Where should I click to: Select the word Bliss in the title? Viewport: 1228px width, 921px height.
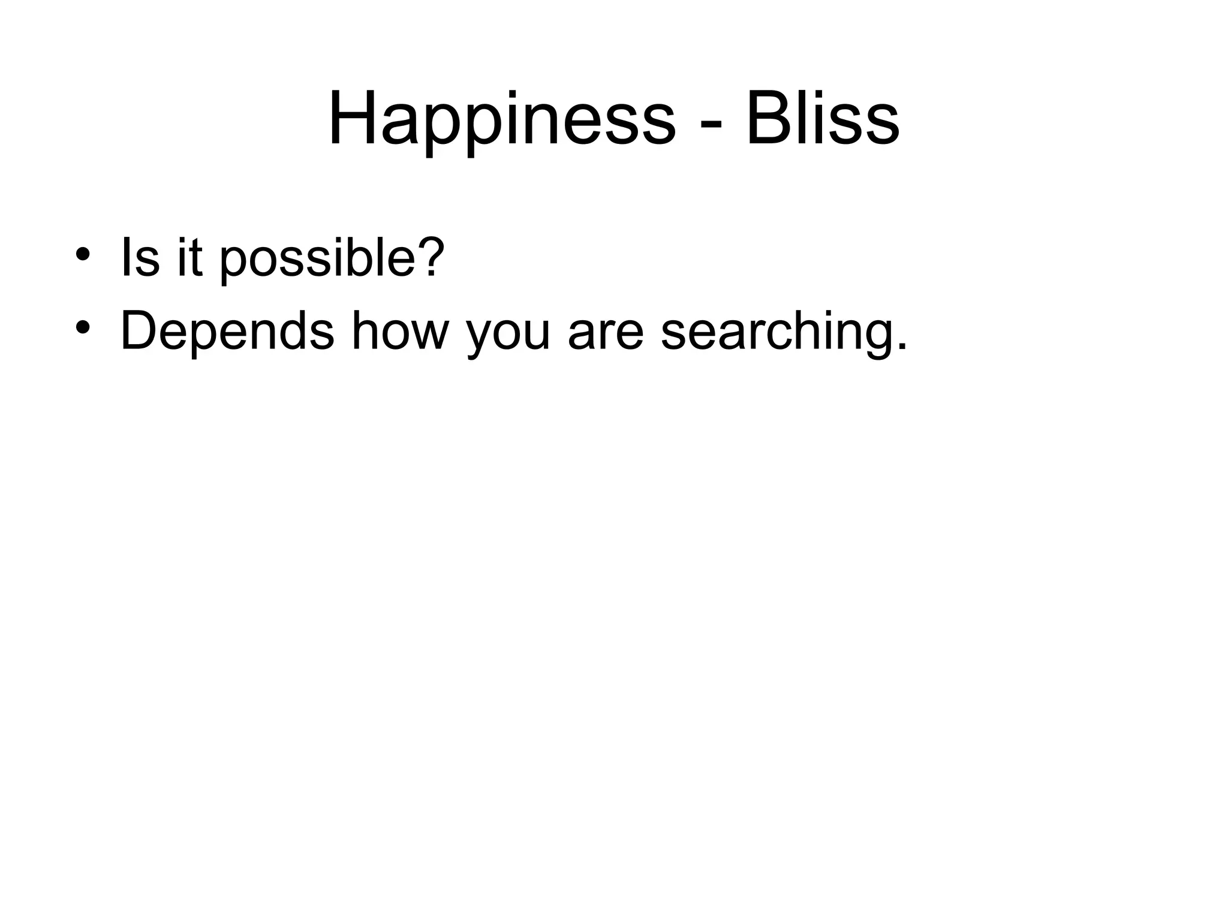(822, 118)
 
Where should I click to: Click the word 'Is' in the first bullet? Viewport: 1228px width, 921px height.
(140, 258)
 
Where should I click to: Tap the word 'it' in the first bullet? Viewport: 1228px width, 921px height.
(189, 258)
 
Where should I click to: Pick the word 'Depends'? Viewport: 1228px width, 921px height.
(227, 331)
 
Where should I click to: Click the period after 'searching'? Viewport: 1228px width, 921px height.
(901, 347)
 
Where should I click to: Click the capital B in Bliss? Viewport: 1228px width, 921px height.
(767, 118)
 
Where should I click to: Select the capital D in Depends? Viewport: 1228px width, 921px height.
(141, 331)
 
